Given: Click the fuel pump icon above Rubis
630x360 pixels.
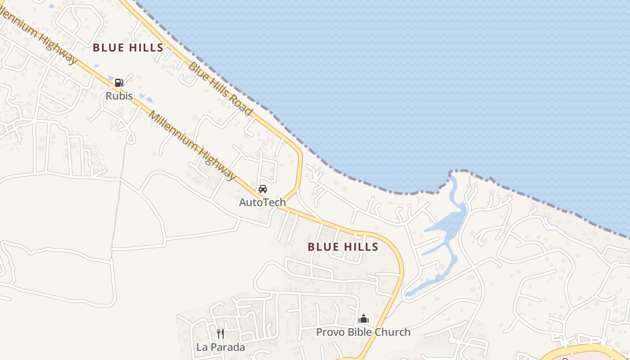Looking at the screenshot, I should [x=119, y=82].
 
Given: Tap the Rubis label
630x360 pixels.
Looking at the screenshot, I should [x=119, y=96].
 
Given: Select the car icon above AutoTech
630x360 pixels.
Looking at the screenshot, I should [x=263, y=189].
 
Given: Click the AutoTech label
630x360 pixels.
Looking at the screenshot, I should [x=262, y=202].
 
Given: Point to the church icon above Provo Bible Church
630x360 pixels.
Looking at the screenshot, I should [x=364, y=319].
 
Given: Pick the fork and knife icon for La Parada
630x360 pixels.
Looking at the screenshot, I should [x=220, y=333].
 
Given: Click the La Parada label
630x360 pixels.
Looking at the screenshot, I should [x=220, y=347].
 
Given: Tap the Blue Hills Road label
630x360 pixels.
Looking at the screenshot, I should [x=220, y=89].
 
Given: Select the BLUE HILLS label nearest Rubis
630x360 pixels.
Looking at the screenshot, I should [x=128, y=48].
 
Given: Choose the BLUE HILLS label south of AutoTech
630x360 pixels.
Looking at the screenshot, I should [x=343, y=247].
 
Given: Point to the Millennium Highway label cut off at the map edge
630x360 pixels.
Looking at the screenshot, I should [x=38, y=36].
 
